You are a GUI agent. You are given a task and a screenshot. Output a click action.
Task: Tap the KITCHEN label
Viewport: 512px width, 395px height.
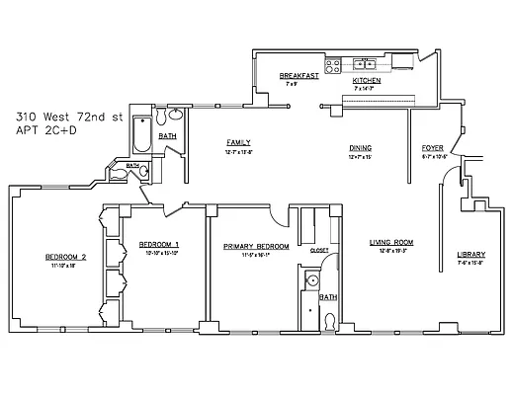367,80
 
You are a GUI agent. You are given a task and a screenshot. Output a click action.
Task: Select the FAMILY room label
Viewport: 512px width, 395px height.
238,142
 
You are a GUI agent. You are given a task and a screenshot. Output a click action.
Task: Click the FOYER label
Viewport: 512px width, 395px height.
433,148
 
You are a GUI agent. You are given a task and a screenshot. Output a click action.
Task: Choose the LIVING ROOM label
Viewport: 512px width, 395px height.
391,242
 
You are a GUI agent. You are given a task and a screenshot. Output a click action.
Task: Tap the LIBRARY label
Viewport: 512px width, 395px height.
470,255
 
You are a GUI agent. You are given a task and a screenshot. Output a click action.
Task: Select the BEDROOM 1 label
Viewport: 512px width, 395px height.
158,244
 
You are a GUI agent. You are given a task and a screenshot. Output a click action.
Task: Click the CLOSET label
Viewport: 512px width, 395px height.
319,251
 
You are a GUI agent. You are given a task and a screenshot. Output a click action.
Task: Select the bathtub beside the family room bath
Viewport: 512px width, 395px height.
141,132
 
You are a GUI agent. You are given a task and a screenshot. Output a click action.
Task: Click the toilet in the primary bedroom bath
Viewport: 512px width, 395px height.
329,319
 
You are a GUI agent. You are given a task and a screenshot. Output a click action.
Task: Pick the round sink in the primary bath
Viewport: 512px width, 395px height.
310,280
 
